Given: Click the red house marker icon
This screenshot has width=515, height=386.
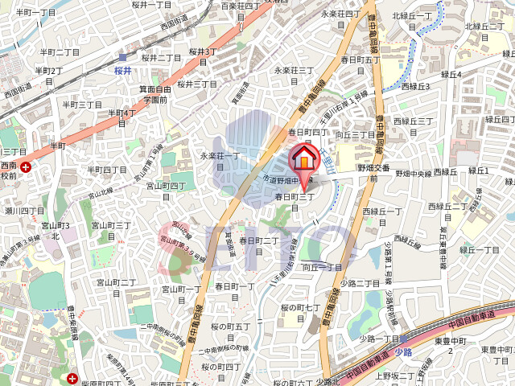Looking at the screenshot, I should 304,158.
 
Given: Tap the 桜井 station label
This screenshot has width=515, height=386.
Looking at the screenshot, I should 122,70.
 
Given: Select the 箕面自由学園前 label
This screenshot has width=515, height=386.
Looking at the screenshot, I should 155,95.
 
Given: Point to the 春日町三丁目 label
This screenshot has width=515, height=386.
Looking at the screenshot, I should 294,201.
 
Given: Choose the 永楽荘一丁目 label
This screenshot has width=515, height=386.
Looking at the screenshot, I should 220,160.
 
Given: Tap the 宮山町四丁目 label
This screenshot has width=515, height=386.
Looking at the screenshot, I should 166,191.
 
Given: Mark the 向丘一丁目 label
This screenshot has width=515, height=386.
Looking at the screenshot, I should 322,266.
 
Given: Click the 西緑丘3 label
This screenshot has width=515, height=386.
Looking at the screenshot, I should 415,86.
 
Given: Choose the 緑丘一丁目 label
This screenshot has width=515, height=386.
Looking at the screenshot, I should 480,250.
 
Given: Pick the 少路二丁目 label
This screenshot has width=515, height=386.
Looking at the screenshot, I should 360,283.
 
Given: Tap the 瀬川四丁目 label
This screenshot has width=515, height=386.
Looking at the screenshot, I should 24,211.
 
